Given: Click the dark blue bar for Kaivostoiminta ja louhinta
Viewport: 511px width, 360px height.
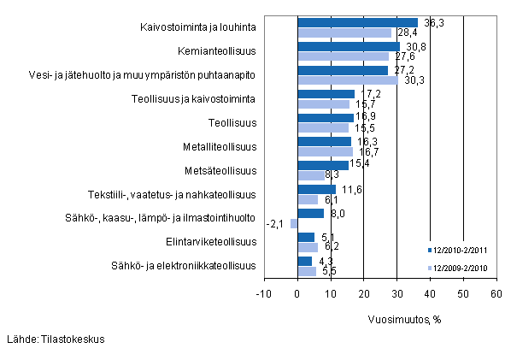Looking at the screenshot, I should click(357, 23).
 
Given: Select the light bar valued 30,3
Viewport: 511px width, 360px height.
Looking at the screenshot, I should click(347, 80).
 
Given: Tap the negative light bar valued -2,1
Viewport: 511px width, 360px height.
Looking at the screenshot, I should click(294, 224).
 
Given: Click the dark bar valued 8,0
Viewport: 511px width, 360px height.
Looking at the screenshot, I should click(310, 213).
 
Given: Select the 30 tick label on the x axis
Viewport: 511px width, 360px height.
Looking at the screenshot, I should click(396, 293).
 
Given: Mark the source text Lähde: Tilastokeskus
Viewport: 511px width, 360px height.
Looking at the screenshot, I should click(56, 339).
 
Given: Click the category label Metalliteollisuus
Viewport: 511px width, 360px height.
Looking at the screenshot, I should click(219, 146).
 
